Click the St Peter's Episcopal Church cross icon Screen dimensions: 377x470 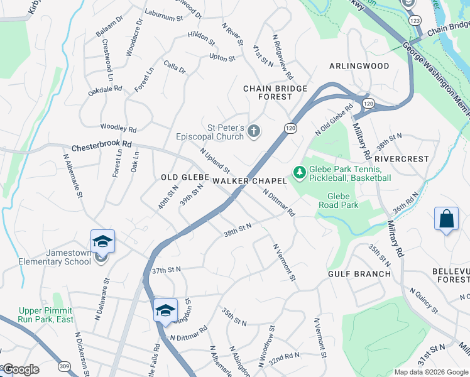[x=254, y=131]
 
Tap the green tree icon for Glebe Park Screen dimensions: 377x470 [x=300, y=172]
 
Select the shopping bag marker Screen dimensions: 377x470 [x=446, y=220]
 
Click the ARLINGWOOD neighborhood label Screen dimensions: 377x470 [x=359, y=66]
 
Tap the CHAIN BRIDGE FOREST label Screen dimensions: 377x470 [x=276, y=93]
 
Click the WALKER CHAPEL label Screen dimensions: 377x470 [x=249, y=181]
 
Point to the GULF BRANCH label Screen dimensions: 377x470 [x=359, y=274]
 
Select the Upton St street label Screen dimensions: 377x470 [x=222, y=58]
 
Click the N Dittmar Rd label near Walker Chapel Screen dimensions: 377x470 [x=279, y=203]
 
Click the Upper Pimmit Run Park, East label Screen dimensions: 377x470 [x=45, y=315]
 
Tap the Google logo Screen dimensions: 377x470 [x=21, y=369]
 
